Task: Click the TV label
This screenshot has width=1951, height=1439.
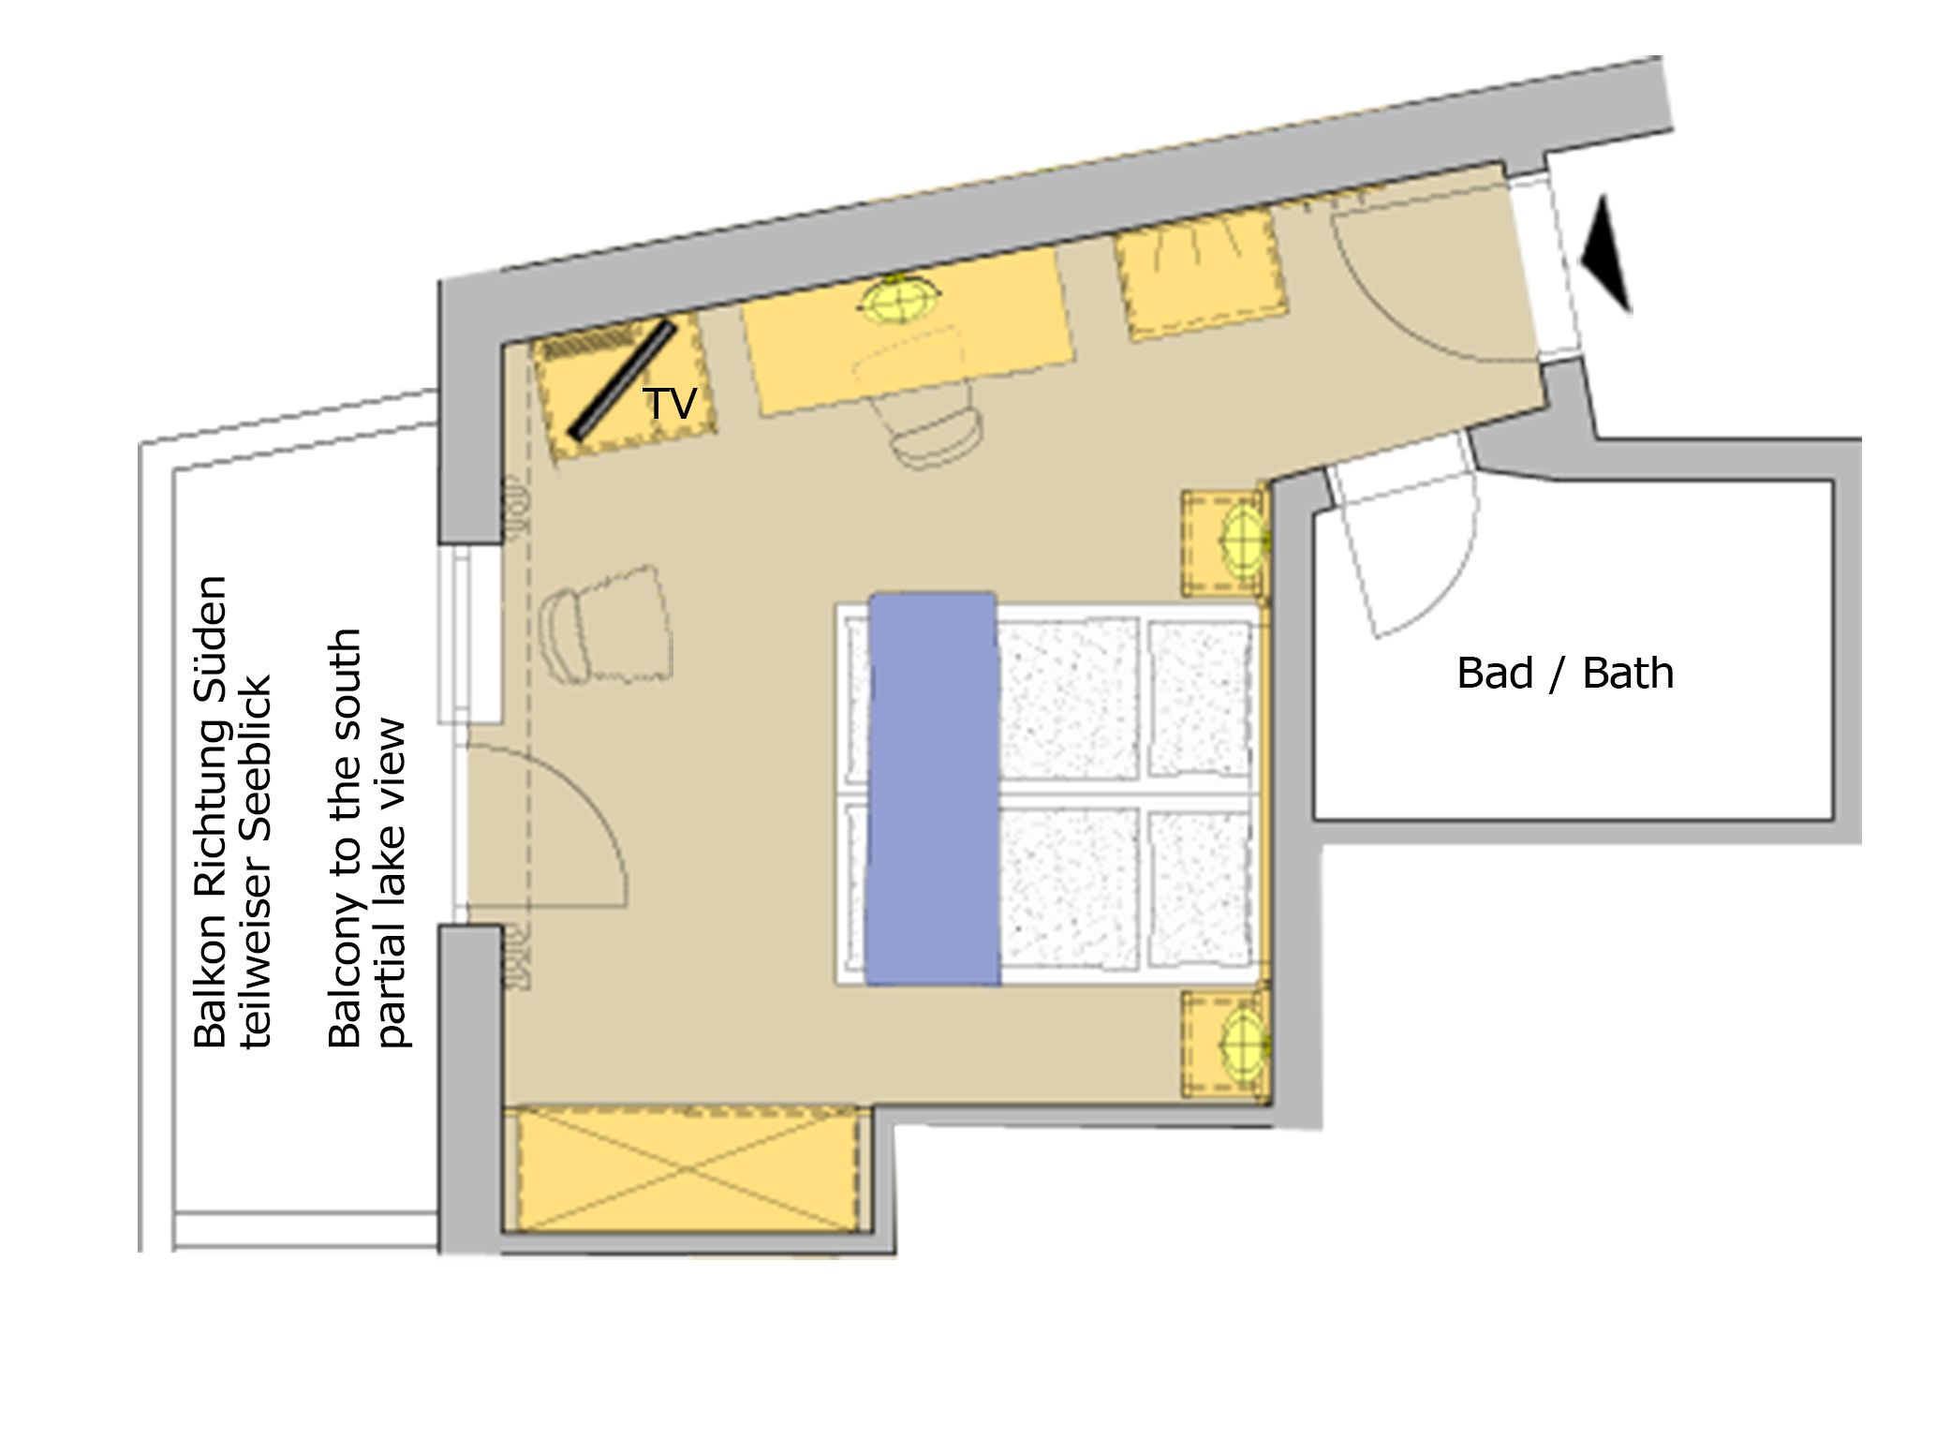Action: click(670, 404)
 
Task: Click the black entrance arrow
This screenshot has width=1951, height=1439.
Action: click(1607, 253)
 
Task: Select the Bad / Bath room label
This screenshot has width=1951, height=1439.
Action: click(1564, 674)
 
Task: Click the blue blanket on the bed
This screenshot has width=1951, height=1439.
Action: click(933, 787)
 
